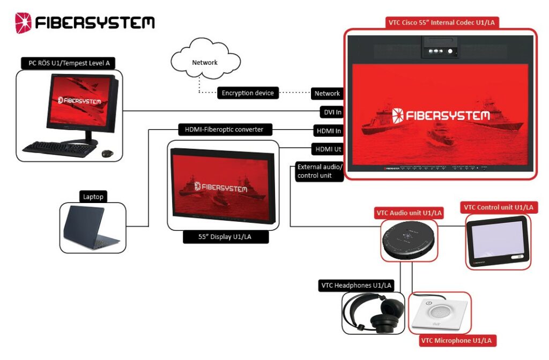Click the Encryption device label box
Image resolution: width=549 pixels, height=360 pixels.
pos(248,93)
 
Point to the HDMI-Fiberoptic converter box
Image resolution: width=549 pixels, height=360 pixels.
pos(225,130)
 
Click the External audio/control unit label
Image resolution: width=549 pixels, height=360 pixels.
pos(318,171)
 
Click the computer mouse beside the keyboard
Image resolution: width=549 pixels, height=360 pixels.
pos(107,153)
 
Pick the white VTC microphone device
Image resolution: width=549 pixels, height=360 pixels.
pos(439,313)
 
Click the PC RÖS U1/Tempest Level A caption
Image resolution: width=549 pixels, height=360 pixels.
pos(69,63)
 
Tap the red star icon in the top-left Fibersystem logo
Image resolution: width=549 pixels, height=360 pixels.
pos(24,22)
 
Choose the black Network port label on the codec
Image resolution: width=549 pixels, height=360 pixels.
pos(327,93)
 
